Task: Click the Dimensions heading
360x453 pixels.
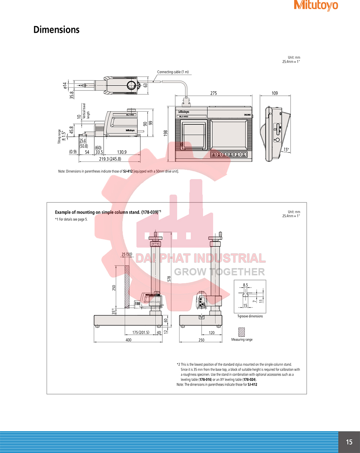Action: pos(57,30)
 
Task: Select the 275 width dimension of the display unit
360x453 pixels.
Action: pos(213,93)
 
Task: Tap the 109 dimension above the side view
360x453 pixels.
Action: pos(275,93)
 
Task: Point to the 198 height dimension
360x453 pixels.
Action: pos(166,133)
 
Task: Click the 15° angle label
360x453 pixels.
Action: pos(286,150)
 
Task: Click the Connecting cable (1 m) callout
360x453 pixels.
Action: pos(173,72)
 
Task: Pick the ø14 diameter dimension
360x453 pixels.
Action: pos(65,85)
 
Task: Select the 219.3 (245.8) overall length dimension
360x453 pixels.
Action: pos(110,159)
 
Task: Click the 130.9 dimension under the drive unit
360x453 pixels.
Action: pos(122,152)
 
